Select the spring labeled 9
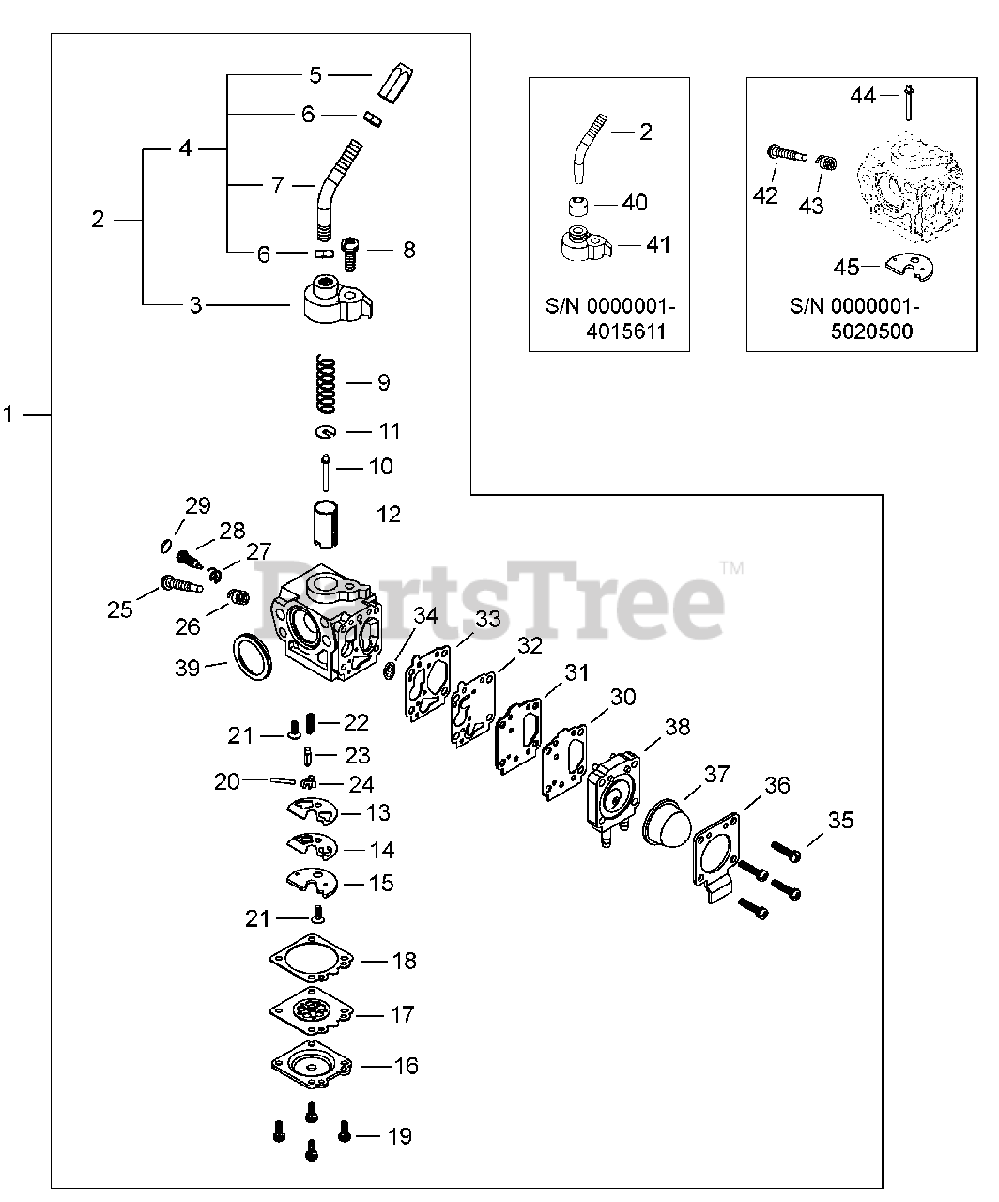tap(326, 382)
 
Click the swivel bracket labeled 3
tap(334, 303)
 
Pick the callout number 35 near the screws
tap(840, 820)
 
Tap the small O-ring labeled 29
tap(165, 547)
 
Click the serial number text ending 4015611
tap(610, 318)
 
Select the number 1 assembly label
tap(9, 413)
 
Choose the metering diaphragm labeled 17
tap(311, 1013)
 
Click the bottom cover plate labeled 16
tap(311, 1065)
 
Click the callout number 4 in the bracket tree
tap(185, 148)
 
